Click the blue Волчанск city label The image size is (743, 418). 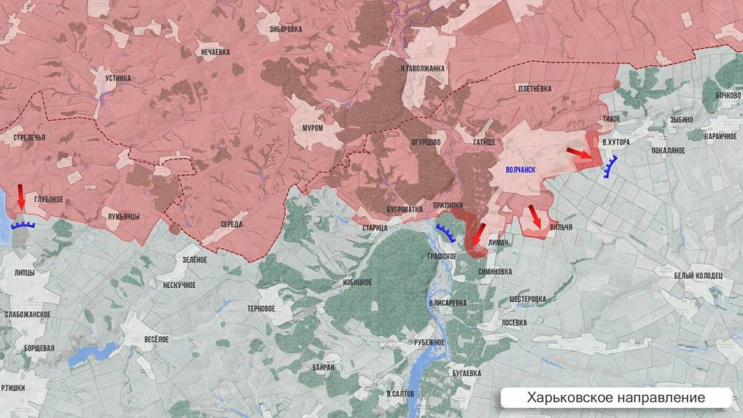coord(520,167)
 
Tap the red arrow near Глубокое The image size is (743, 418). coord(21,198)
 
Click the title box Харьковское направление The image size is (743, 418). coord(616,397)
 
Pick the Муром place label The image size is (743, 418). coord(313,128)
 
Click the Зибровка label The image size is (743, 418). coord(286,29)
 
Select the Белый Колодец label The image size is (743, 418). coord(697,276)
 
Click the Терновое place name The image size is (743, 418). coord(260,308)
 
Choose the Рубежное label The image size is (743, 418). coord(430,342)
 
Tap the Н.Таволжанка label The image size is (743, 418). coord(423,68)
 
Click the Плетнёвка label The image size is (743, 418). coord(534,89)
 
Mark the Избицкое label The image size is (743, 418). coord(357,283)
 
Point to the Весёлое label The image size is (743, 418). coord(156,339)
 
